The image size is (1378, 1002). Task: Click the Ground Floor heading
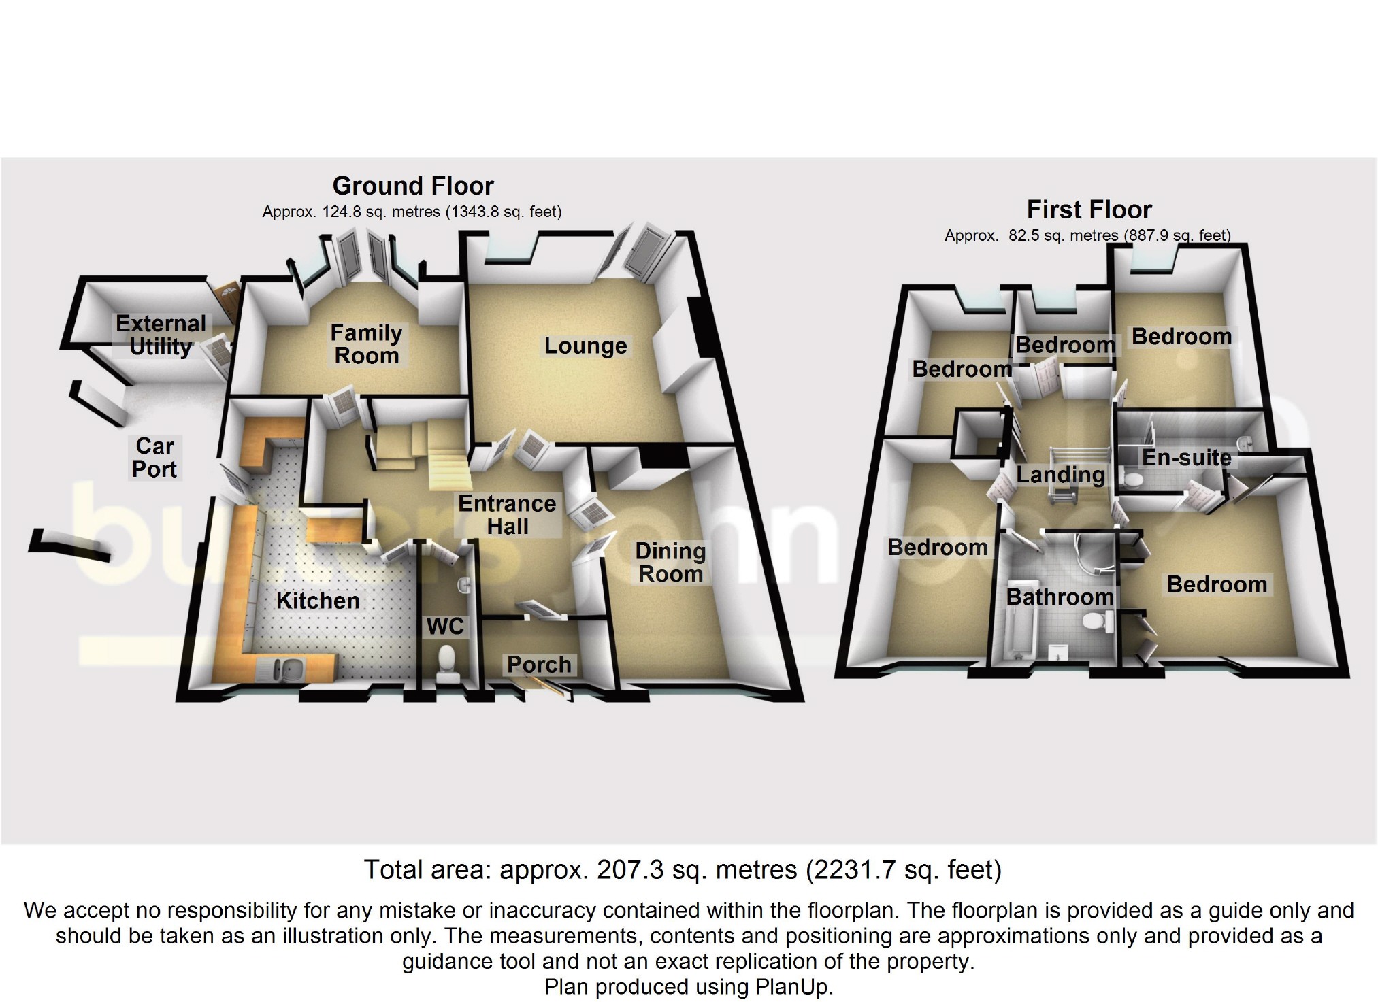(x=413, y=186)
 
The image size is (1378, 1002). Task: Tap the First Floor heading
(x=1089, y=210)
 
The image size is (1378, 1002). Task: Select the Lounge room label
(x=585, y=346)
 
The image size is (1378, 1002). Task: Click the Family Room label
(x=366, y=344)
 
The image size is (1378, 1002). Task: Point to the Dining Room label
(x=670, y=563)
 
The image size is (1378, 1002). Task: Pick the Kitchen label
(x=318, y=601)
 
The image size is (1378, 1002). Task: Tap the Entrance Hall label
(x=507, y=515)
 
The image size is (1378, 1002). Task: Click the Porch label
(x=539, y=665)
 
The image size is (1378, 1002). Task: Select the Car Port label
(x=155, y=458)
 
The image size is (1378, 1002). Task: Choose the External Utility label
(x=161, y=335)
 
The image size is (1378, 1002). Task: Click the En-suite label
(x=1187, y=458)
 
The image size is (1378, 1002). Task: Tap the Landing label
(x=1060, y=475)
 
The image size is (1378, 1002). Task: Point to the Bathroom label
(x=1060, y=597)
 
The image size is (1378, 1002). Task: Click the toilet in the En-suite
(x=1132, y=480)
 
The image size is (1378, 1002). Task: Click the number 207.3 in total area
(x=629, y=870)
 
